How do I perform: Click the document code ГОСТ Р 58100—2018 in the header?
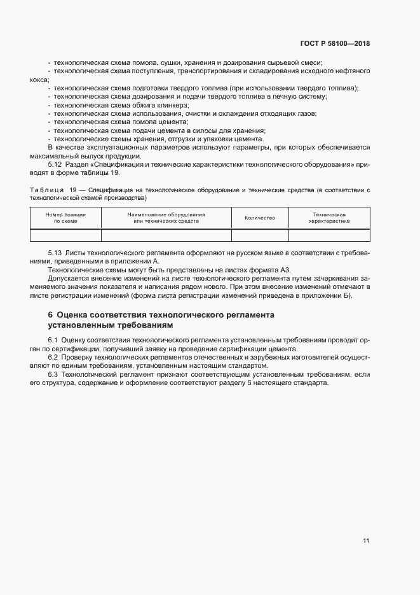[x=335, y=44]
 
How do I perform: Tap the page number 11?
[x=366, y=541]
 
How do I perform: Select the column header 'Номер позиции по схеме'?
[x=65, y=218]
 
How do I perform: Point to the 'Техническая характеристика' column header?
[x=329, y=218]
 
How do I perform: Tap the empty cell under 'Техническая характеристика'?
[x=329, y=235]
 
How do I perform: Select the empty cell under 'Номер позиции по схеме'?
[x=65, y=235]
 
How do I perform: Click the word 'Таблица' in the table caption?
[x=46, y=190]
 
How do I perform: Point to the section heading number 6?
[x=51, y=314]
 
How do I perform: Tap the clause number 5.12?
[x=56, y=165]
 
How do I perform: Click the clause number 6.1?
[x=53, y=340]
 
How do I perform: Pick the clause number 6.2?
[x=53, y=358]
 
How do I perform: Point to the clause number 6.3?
[x=53, y=375]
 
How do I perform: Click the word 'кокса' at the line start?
[x=39, y=80]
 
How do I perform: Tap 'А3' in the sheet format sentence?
[x=285, y=270]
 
